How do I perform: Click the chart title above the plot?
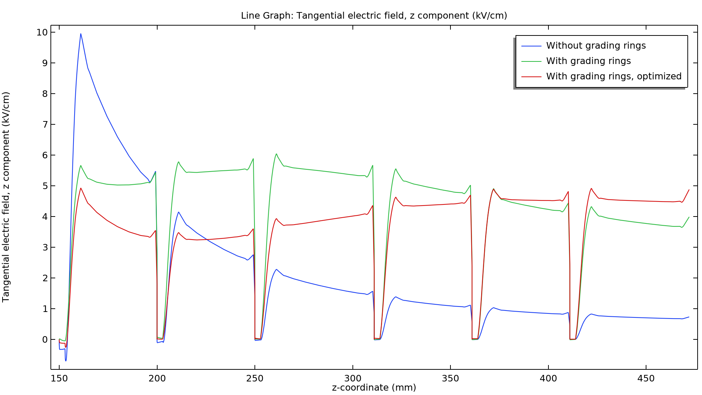pyautogui.click(x=374, y=16)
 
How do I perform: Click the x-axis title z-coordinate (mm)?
pyautogui.click(x=374, y=388)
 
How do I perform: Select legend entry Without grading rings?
pyautogui.click(x=596, y=46)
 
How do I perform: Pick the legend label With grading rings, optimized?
pyautogui.click(x=614, y=76)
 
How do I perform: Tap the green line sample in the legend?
pyautogui.click(x=531, y=61)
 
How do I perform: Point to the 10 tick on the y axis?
pyautogui.click(x=42, y=33)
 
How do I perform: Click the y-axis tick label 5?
pyautogui.click(x=45, y=186)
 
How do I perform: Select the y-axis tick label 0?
pyautogui.click(x=45, y=340)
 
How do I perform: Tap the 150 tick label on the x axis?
pyautogui.click(x=59, y=379)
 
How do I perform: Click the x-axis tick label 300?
pyautogui.click(x=353, y=379)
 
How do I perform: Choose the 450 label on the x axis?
pyautogui.click(x=646, y=379)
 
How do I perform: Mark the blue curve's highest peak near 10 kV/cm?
pyautogui.click(x=81, y=34)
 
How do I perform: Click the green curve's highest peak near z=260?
pyautogui.click(x=276, y=154)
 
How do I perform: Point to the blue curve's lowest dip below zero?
pyautogui.click(x=66, y=361)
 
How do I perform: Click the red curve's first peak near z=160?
pyautogui.click(x=81, y=188)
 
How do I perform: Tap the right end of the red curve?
pyautogui.click(x=689, y=190)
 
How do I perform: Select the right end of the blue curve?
pyautogui.click(x=689, y=317)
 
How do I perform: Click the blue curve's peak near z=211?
pyautogui.click(x=178, y=212)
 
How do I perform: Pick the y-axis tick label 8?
pyautogui.click(x=45, y=94)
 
